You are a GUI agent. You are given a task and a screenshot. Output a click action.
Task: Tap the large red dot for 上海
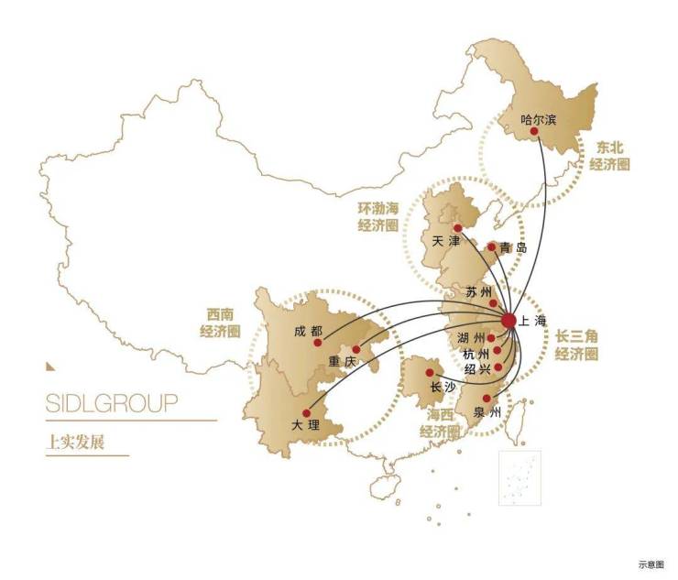pos(509,319)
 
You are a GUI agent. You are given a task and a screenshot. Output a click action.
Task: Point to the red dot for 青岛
pos(491,246)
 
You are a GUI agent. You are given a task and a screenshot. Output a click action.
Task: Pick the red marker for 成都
pos(318,343)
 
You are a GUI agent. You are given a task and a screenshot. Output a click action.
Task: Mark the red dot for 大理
pos(306,413)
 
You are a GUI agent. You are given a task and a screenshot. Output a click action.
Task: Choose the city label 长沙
pos(443,386)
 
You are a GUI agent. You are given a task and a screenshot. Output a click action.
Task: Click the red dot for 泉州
pos(487,398)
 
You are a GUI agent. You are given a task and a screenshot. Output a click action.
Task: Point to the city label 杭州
pos(476,354)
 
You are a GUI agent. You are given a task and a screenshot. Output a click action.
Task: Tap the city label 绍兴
pos(476,368)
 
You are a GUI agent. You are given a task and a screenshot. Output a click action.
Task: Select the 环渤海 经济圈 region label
pos(377,215)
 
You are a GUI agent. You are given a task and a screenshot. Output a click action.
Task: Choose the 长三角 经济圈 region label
pos(577,345)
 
